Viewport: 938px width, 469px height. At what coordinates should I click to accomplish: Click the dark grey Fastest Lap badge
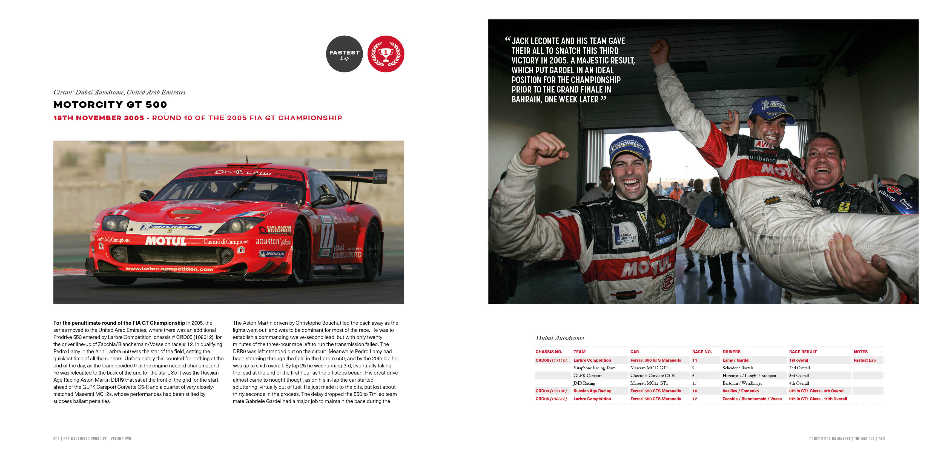click(344, 54)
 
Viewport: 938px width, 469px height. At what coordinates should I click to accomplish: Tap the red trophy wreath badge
click(386, 54)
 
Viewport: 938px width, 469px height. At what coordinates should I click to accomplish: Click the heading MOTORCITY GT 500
click(110, 105)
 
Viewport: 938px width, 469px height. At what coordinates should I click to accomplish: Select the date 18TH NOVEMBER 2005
click(99, 118)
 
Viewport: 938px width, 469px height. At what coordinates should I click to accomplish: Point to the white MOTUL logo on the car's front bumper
click(166, 241)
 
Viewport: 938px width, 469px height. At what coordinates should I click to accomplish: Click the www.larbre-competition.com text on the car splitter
click(169, 269)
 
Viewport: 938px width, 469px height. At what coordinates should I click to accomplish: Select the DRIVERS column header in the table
click(731, 352)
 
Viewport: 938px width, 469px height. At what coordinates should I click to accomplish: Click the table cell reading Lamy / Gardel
click(736, 360)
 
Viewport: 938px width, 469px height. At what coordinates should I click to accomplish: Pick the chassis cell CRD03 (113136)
click(550, 391)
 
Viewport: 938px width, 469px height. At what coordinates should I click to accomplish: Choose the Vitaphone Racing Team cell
click(594, 368)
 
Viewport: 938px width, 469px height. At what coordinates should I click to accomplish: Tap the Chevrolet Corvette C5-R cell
click(652, 375)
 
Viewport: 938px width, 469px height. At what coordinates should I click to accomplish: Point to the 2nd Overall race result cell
click(799, 368)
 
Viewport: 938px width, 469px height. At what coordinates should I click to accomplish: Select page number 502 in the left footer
click(56, 439)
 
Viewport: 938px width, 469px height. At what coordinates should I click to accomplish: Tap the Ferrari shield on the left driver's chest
click(661, 220)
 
